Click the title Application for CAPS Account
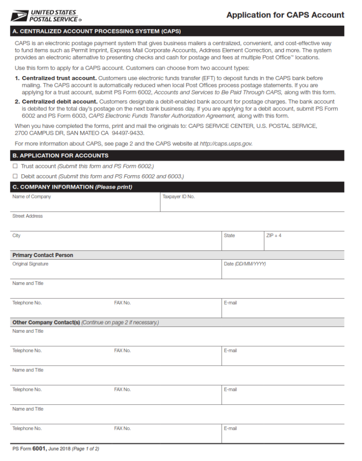click(x=285, y=15)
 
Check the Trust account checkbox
click(x=15, y=166)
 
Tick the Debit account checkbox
click(x=15, y=176)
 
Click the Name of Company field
click(x=85, y=204)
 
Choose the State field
click(x=242, y=243)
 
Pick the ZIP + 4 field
click(x=304, y=243)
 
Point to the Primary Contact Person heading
click(x=43, y=255)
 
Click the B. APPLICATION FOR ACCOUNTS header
click(x=60, y=155)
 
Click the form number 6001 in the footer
click(x=39, y=448)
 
